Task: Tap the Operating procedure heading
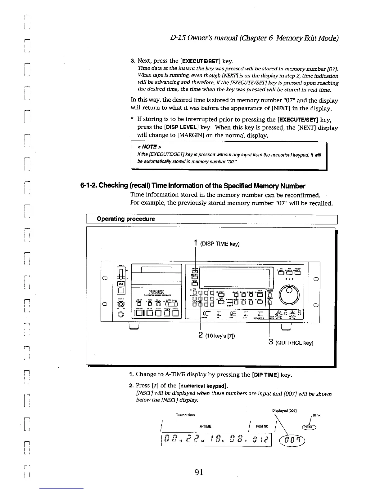(126, 219)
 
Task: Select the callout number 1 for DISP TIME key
(196, 243)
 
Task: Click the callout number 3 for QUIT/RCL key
(270, 342)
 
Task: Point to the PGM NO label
(262, 427)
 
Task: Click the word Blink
(317, 415)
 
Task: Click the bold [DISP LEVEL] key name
(182, 127)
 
